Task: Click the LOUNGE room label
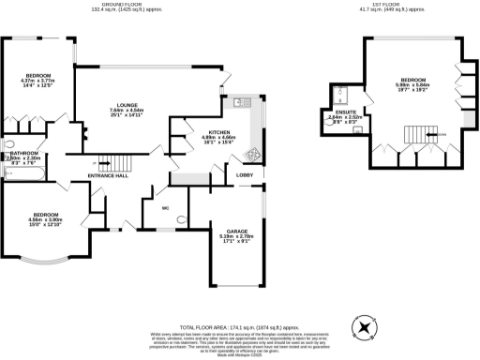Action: point(122,104)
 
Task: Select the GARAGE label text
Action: point(236,229)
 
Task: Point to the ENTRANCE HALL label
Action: point(109,175)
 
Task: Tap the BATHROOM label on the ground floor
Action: point(20,153)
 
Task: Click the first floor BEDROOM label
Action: point(413,79)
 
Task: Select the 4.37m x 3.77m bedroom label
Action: point(37,75)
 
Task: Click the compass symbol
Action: point(363,325)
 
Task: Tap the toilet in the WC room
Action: point(180,219)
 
